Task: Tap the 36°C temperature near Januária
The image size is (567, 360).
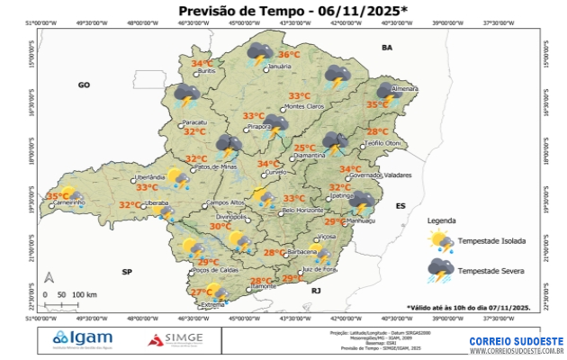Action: click(289, 54)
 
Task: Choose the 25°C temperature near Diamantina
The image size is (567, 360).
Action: click(304, 148)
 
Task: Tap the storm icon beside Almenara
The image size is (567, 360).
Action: click(388, 91)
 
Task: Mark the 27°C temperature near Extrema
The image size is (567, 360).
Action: click(202, 292)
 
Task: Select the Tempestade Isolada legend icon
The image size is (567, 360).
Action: click(441, 241)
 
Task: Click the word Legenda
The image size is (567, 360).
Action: click(441, 220)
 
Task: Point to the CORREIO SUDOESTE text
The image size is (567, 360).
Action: click(516, 341)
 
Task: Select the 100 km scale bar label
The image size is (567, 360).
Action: click(85, 294)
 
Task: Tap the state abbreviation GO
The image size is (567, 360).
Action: click(85, 85)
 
